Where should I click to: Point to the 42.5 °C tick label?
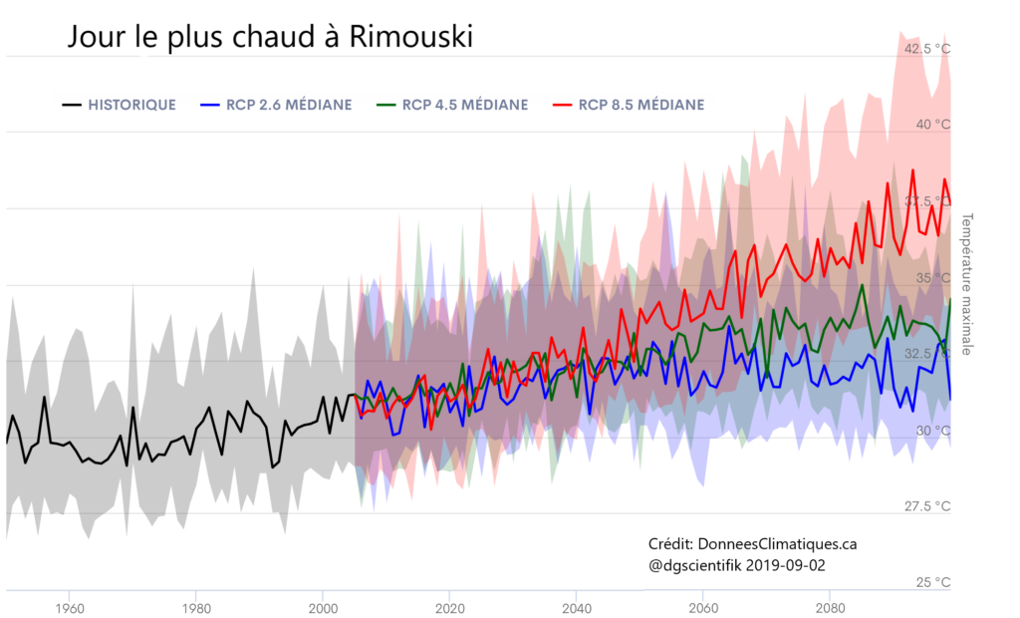tap(926, 48)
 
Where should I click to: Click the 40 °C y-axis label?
tap(933, 125)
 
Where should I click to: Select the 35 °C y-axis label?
tap(933, 277)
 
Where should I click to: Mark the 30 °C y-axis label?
tap(933, 430)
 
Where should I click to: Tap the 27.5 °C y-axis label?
tap(926, 506)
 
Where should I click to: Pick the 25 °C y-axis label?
tap(933, 582)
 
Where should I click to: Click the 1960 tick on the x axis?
tap(69, 608)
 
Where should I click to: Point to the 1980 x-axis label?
tap(196, 608)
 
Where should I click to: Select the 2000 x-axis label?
tap(323, 608)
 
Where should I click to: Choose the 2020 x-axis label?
tap(450, 608)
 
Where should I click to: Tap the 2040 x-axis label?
tap(577, 608)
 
